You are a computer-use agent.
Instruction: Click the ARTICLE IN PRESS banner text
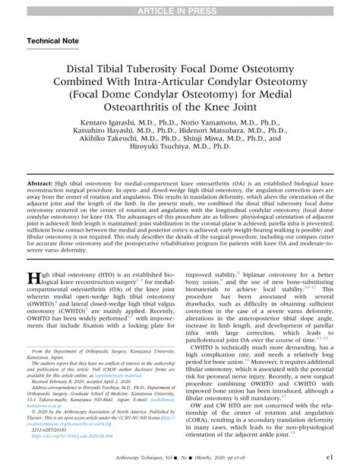pos(180,8)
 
